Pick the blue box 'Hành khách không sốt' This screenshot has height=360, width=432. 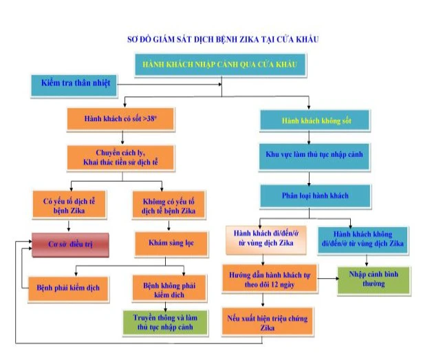point(307,120)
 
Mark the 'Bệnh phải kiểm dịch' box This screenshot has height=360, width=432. point(68,287)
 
